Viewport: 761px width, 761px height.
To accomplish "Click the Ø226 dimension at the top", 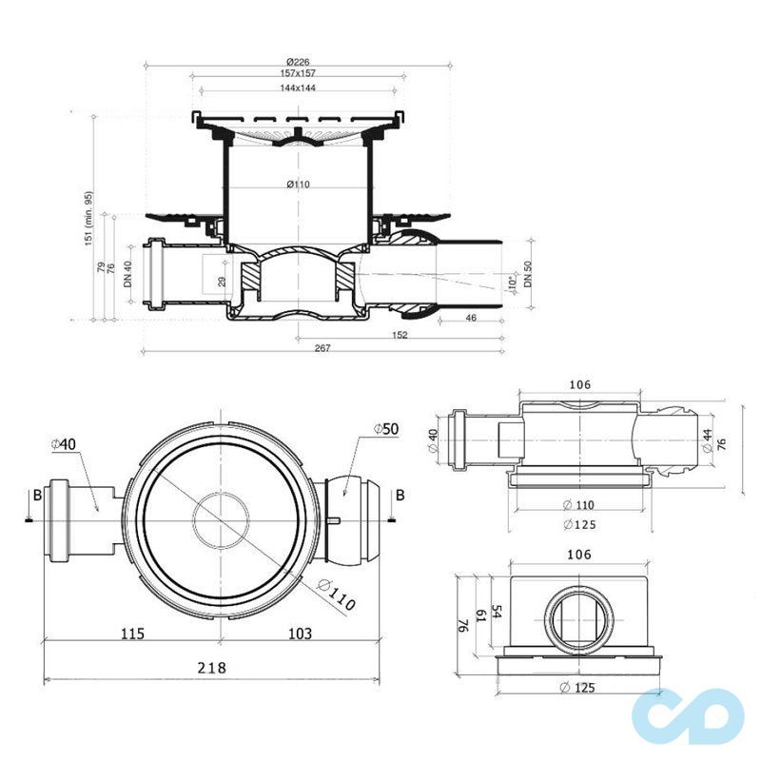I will coord(297,63).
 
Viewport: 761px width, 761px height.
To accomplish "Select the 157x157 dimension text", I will coord(297,74).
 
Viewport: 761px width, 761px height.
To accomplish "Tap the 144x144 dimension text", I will coord(297,88).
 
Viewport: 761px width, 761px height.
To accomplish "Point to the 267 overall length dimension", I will coord(322,349).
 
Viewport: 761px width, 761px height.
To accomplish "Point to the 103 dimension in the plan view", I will coord(302,633).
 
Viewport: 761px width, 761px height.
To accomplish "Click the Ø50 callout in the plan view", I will coord(384,431).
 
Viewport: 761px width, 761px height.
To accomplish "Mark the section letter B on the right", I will coord(400,494).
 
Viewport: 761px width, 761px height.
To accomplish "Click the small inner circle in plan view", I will coord(220,521).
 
